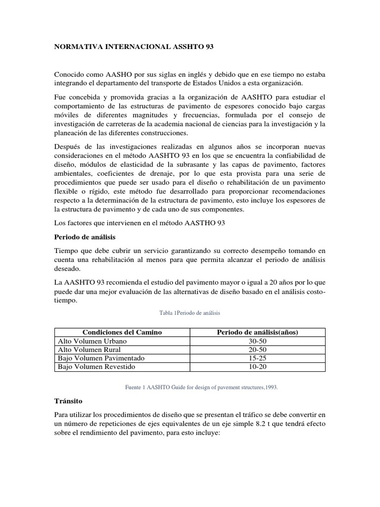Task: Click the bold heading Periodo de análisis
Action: (x=85, y=237)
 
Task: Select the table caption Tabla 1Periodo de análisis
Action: (x=190, y=313)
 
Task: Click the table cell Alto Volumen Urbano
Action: (x=93, y=341)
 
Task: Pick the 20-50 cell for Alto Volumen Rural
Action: (x=256, y=350)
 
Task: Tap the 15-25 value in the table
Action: (x=256, y=358)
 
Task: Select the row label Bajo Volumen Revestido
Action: (x=96, y=367)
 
